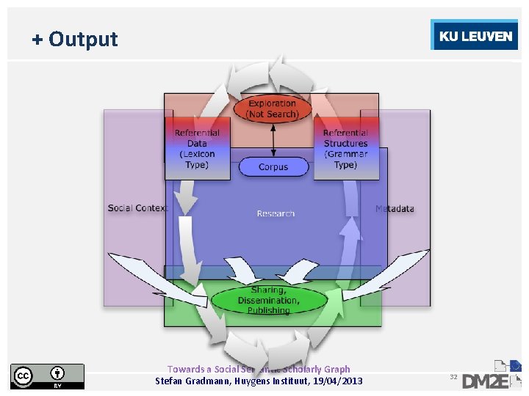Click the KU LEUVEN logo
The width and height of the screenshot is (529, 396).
point(475,36)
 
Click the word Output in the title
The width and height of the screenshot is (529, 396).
point(83,39)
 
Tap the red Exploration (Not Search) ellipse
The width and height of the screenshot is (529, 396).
point(273,109)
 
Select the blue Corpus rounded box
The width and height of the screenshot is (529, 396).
point(273,167)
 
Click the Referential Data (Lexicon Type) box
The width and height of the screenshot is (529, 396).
point(197,149)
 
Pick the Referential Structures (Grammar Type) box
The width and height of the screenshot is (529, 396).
point(345,149)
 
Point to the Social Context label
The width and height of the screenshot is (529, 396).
point(137,208)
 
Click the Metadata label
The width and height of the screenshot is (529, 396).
point(395,209)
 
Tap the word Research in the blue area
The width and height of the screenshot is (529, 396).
point(276,213)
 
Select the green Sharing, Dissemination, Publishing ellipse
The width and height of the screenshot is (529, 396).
point(268,301)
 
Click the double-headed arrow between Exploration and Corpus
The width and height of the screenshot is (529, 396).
point(274,139)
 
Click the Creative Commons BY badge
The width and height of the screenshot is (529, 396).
point(47,375)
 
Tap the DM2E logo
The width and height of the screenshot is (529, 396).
point(493,375)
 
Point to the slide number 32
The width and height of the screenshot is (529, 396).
point(453,377)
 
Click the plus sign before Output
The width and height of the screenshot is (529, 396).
point(37,39)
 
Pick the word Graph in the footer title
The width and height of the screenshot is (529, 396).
point(337,370)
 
